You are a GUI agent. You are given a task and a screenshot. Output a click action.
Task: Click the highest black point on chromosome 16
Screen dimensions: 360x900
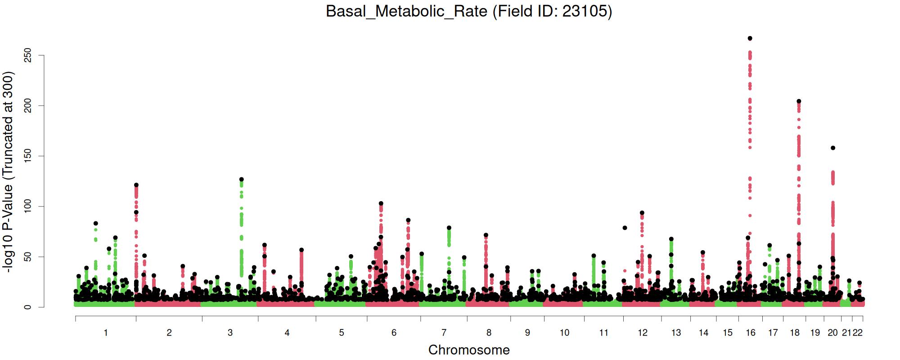(750, 39)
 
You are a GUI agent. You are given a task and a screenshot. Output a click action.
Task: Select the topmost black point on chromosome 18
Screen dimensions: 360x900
(799, 101)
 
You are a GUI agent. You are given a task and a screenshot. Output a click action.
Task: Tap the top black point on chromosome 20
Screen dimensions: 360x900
(833, 148)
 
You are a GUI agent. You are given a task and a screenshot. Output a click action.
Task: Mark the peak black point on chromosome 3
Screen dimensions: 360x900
(242, 180)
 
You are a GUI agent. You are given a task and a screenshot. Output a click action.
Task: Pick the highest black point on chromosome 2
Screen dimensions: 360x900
(136, 185)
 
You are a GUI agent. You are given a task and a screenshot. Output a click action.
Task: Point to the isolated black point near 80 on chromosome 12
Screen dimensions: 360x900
(625, 228)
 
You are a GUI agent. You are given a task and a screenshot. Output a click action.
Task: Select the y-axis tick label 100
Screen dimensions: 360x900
(28, 207)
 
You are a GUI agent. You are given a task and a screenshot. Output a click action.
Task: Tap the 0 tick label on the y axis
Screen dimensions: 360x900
(28, 307)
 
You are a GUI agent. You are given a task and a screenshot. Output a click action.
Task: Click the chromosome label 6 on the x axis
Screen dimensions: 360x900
(394, 333)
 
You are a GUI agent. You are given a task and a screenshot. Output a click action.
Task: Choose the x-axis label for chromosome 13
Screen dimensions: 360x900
(676, 333)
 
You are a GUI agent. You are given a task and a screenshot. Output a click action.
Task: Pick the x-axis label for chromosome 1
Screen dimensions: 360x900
(106, 333)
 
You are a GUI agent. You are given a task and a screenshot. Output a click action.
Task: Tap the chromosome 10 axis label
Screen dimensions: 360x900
(564, 333)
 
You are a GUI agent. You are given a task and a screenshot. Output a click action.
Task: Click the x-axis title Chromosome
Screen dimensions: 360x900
(469, 350)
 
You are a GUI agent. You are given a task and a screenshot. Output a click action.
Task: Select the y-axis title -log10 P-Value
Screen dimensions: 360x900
(9, 171)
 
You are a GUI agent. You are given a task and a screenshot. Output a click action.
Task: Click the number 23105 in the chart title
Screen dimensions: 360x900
(585, 11)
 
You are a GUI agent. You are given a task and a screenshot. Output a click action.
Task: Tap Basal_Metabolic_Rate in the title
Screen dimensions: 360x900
(406, 11)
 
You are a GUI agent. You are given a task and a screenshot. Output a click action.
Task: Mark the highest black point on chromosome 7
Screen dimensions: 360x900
(449, 228)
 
